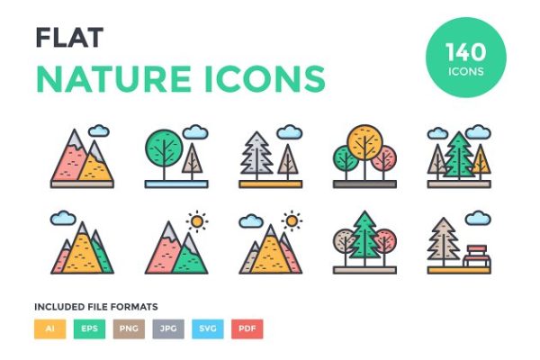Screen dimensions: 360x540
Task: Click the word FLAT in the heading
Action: (68, 37)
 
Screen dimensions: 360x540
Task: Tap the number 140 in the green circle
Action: (465, 52)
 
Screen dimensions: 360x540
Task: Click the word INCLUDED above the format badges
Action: (58, 307)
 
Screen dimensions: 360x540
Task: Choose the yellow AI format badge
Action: (49, 329)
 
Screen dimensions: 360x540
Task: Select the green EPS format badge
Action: (89, 329)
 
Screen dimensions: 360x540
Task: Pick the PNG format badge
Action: (129, 329)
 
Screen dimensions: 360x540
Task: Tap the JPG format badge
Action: (167, 329)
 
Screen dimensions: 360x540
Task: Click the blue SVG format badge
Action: (207, 329)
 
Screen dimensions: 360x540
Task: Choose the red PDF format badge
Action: (247, 329)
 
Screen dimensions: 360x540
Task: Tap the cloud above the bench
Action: (477, 219)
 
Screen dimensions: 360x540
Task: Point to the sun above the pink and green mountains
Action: (195, 220)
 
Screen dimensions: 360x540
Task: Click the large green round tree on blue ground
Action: (163, 147)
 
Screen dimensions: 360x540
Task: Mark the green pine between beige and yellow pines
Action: (460, 155)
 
